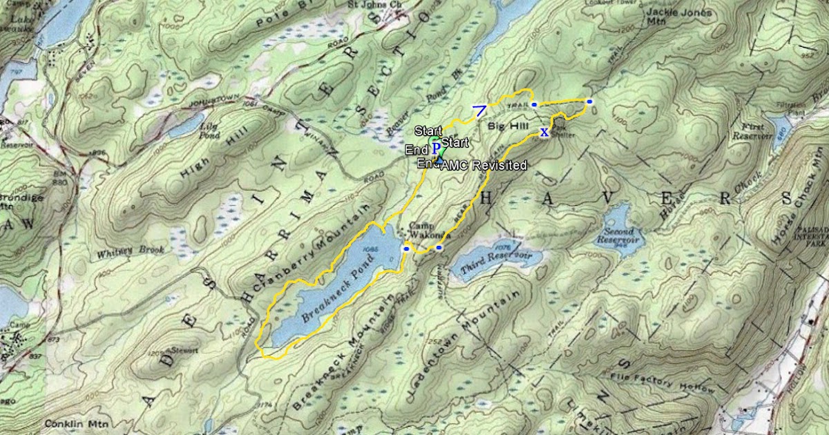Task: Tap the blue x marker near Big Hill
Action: [544, 132]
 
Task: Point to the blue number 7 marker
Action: [479, 109]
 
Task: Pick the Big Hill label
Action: [507, 126]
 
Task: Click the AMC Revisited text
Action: [484, 166]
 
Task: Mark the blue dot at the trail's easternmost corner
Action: [589, 101]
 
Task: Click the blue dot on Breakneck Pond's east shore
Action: [406, 247]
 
